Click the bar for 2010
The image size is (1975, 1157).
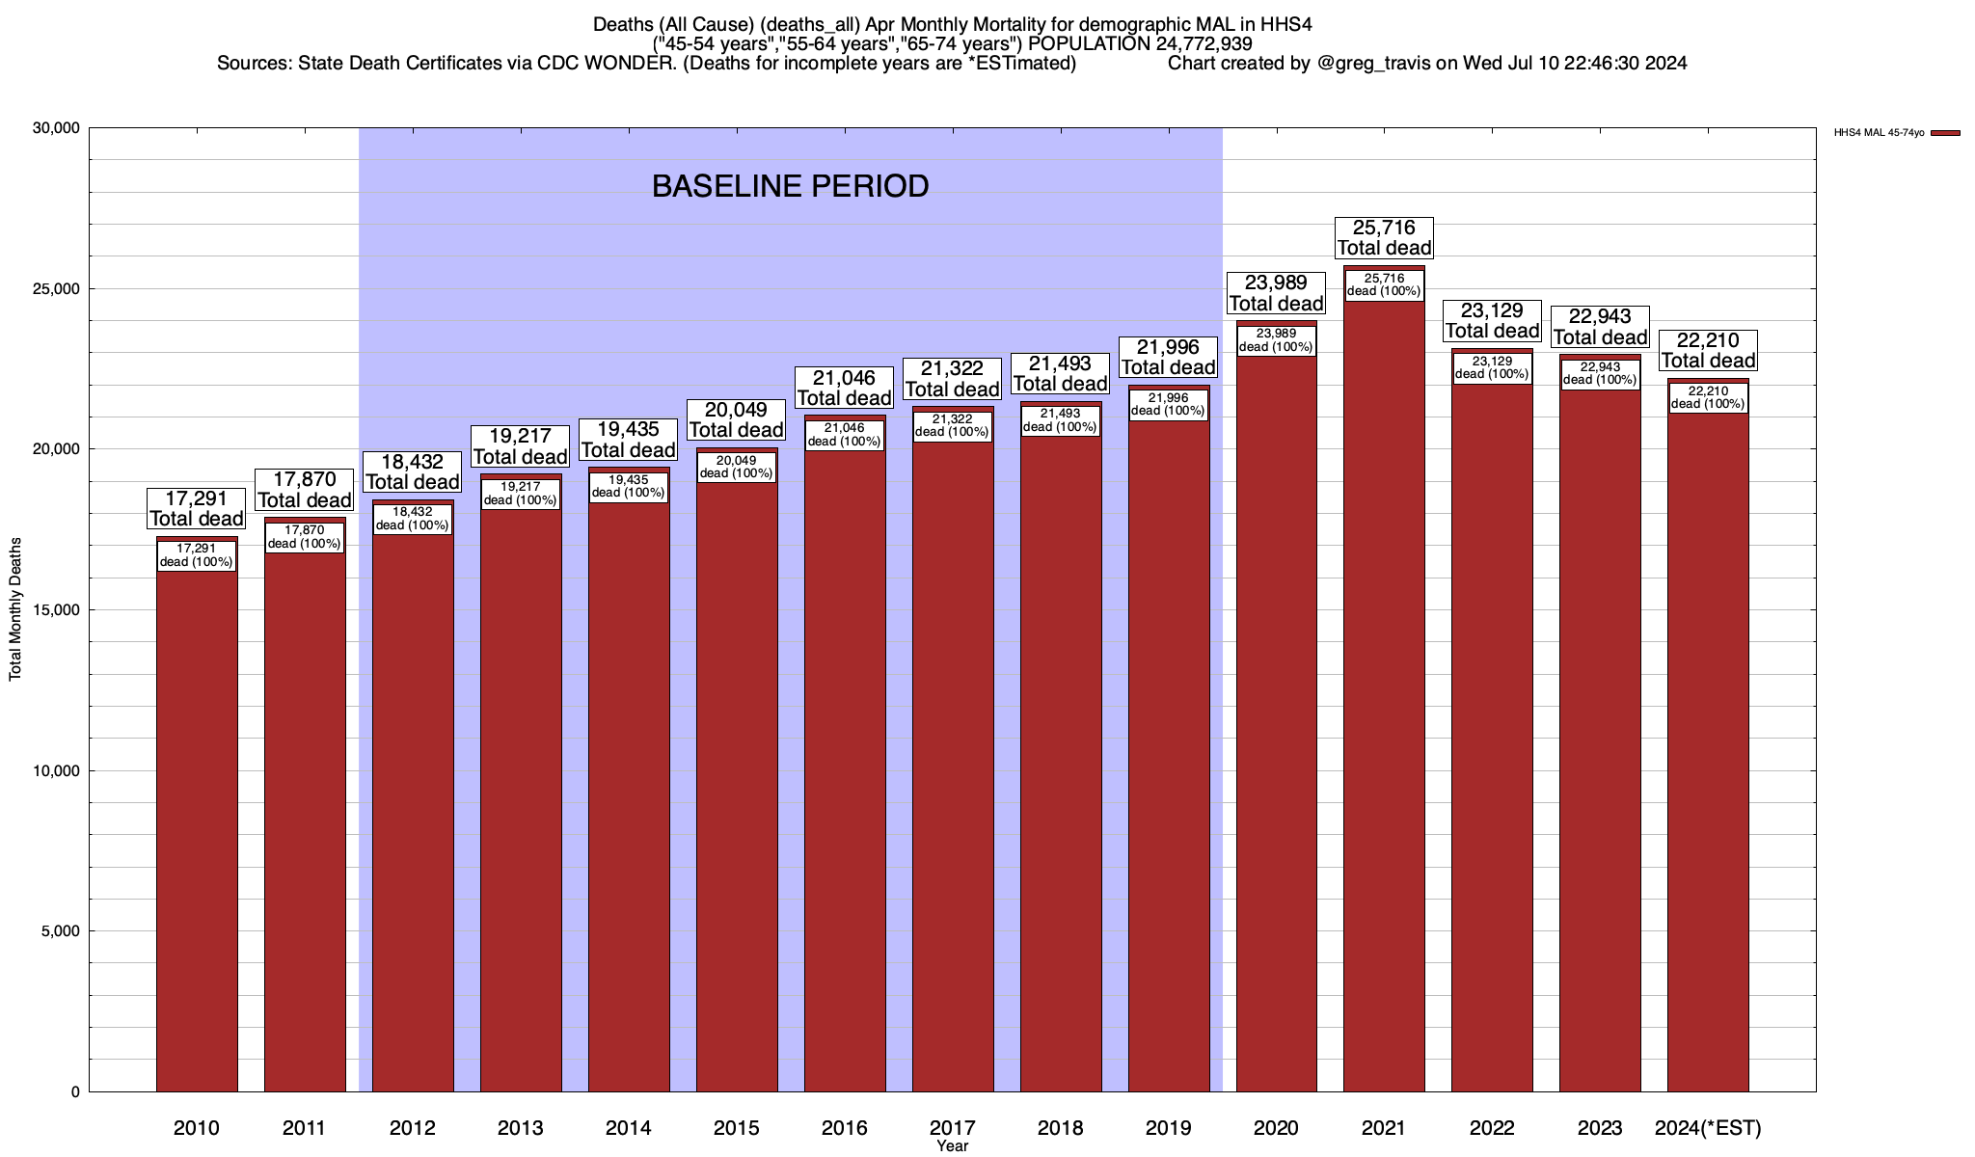pos(197,829)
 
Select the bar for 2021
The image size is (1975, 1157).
pos(1384,694)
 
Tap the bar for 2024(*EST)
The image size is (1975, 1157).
pos(1708,752)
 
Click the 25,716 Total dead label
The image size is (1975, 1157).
pos(1384,238)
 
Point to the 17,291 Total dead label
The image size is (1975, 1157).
pos(197,509)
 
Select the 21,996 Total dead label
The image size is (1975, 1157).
pos(1168,358)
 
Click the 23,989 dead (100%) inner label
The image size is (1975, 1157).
pos(1276,340)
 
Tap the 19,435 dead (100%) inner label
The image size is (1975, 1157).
pos(629,486)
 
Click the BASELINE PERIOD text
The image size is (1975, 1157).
pos(790,186)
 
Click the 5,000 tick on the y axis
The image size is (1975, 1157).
pos(62,931)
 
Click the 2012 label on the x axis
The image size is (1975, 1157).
pos(413,1128)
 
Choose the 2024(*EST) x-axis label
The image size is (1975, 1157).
pos(1708,1128)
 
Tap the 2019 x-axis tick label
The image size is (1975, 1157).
pos(1168,1128)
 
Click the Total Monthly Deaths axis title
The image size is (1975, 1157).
pos(15,609)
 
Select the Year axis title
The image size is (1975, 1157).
pos(952,1146)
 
